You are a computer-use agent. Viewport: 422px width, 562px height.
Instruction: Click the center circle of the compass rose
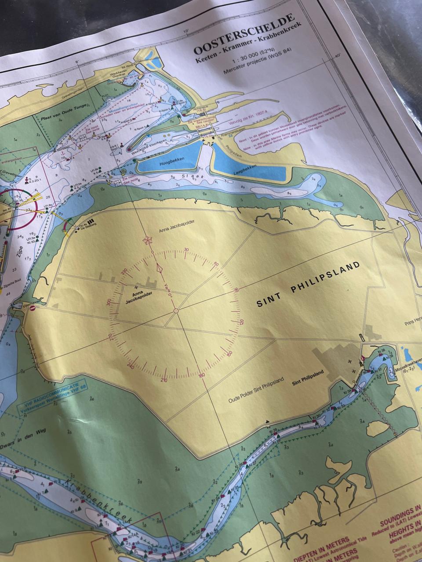click(175, 311)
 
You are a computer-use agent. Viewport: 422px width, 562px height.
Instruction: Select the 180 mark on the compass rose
click(202, 375)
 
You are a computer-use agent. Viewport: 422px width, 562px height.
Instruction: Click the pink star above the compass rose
click(147, 240)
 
